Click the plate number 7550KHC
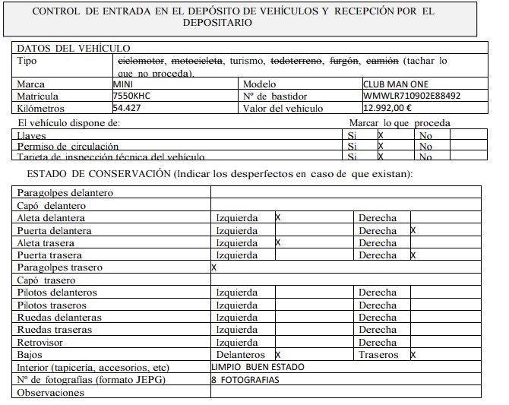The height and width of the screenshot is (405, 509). tap(131, 97)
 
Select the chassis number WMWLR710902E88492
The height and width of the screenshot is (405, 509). tap(412, 97)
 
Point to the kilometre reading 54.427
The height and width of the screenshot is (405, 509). tap(127, 109)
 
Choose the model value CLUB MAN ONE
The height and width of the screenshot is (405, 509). tap(400, 84)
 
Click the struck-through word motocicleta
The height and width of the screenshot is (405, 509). tap(198, 60)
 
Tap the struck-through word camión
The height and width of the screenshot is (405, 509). tap(381, 60)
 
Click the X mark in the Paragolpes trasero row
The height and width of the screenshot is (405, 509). tap(213, 267)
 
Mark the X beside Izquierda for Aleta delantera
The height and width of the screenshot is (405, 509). tap(278, 218)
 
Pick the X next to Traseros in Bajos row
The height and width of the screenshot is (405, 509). tap(413, 355)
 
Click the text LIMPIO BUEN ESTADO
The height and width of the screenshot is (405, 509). tap(258, 367)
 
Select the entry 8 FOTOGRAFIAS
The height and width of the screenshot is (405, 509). tap(245, 380)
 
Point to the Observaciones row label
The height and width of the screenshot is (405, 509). tap(50, 393)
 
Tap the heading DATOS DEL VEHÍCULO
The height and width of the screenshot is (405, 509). tap(73, 48)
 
